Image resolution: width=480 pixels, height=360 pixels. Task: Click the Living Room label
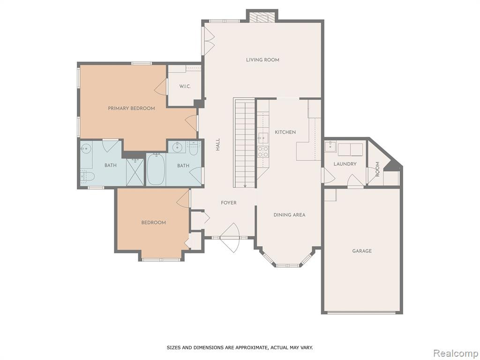[x=262, y=60]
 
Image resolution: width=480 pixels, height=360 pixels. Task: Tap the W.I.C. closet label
[x=185, y=86]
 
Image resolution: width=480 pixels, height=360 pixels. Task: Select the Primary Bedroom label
[x=131, y=108]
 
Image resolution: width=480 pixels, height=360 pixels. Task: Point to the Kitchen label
[x=285, y=132]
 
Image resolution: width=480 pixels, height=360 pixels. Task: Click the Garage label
[x=362, y=251]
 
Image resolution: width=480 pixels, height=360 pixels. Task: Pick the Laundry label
[x=345, y=164]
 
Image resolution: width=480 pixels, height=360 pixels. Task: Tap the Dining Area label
[x=289, y=215]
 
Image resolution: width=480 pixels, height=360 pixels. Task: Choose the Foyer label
[x=229, y=202]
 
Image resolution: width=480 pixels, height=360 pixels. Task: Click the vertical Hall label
[x=217, y=144]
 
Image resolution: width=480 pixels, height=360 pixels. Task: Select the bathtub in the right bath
[x=156, y=169]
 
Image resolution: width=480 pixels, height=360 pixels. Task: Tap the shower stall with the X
[x=135, y=172]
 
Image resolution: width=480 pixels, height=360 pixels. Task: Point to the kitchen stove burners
[x=263, y=151]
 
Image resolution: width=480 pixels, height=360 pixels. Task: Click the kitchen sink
[x=263, y=138]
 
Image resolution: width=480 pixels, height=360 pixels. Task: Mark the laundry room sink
[x=330, y=146]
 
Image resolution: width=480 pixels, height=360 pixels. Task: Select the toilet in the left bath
[x=87, y=176]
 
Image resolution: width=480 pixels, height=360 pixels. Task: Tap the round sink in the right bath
[x=177, y=148]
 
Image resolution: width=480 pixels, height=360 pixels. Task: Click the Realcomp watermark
[x=456, y=353]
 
